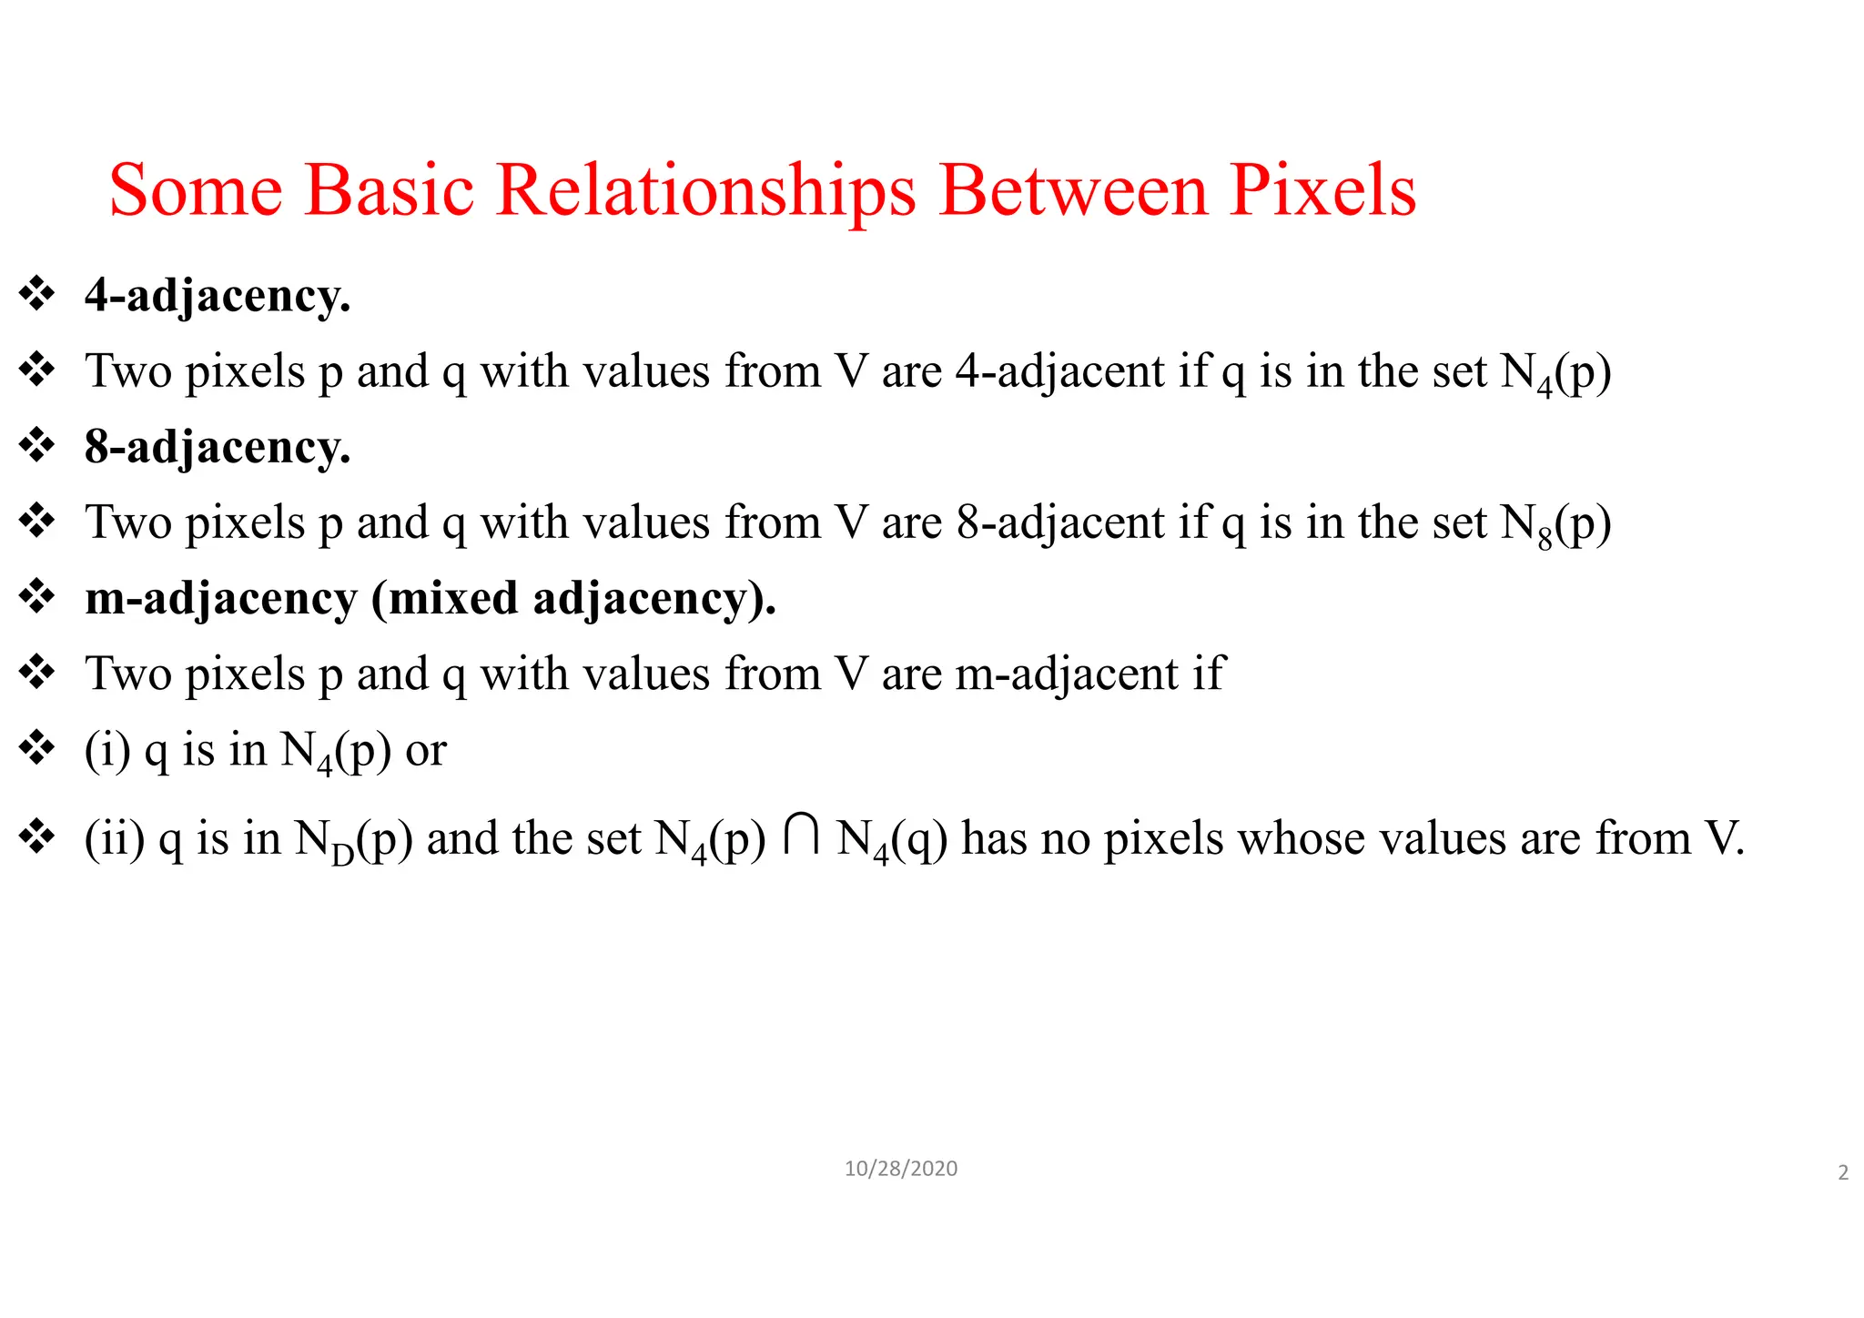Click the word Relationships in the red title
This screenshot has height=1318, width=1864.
(705, 191)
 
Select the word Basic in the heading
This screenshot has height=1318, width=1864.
(390, 191)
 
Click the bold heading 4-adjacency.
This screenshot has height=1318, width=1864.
(218, 297)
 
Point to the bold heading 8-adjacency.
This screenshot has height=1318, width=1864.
(218, 448)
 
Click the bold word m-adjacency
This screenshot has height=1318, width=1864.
(220, 599)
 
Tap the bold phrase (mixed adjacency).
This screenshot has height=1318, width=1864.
(573, 599)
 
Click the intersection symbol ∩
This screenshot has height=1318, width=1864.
(801, 836)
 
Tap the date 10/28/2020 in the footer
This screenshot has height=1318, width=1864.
(900, 1169)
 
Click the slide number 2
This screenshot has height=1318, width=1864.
(1843, 1172)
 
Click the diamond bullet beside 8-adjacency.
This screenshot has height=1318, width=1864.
(36, 446)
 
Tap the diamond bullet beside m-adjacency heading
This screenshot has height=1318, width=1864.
(36, 597)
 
